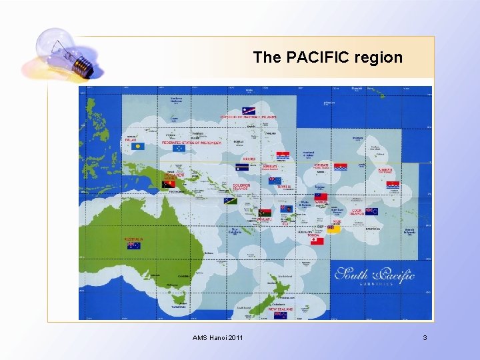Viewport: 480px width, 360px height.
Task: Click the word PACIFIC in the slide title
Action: pos(317,57)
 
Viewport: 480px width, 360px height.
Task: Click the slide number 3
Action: pos(425,339)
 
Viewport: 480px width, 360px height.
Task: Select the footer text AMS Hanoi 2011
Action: pos(217,339)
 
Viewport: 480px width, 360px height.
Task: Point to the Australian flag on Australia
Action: pos(133,245)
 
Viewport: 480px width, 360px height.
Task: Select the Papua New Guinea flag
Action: pos(169,184)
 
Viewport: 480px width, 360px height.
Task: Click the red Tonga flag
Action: pos(317,241)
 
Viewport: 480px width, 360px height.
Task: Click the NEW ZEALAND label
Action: pos(281,309)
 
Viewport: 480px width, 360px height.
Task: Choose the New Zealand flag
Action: pos(281,315)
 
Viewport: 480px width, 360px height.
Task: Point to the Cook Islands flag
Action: pos(371,211)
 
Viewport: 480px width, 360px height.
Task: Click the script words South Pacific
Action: pos(375,274)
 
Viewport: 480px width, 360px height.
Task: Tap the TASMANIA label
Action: pos(178,307)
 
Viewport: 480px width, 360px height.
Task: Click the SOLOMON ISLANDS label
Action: pos(241,187)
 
